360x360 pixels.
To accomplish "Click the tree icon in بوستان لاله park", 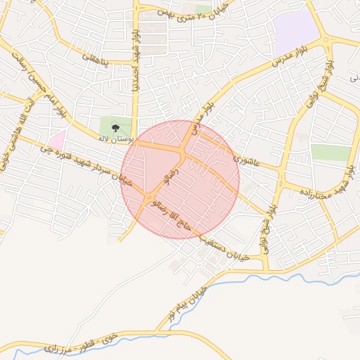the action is (115, 128).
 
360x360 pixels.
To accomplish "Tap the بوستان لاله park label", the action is (115, 139).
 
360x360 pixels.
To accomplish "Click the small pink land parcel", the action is (56, 139).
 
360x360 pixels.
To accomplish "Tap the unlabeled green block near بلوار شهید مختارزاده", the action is (330, 153).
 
